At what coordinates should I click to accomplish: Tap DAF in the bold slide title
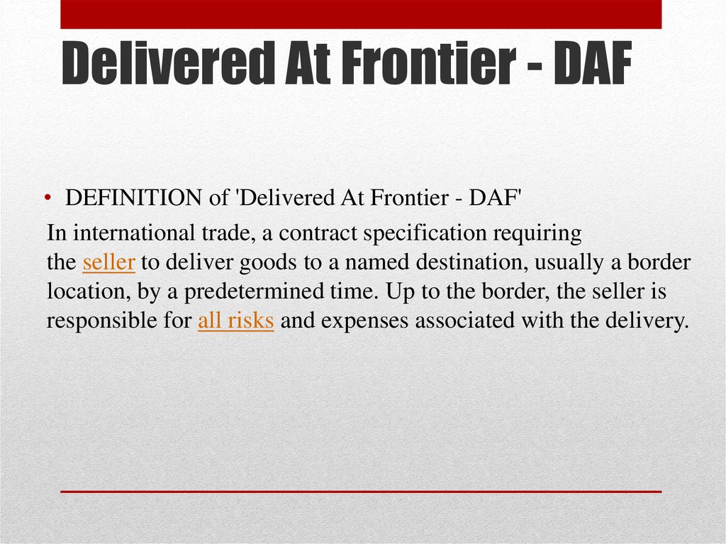(x=593, y=62)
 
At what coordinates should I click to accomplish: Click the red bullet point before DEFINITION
(x=48, y=199)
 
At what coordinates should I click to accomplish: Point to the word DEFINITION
(x=133, y=198)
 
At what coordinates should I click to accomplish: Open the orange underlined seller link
(x=108, y=262)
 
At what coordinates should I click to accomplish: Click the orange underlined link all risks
(x=235, y=321)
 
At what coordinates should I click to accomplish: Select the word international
(x=134, y=233)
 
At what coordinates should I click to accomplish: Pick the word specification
(x=425, y=233)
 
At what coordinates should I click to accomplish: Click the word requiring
(x=537, y=233)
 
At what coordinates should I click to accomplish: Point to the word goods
(x=267, y=262)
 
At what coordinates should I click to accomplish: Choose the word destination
(x=471, y=262)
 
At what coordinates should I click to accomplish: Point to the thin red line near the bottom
(x=361, y=492)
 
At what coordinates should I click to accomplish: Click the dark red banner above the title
(x=361, y=14)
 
